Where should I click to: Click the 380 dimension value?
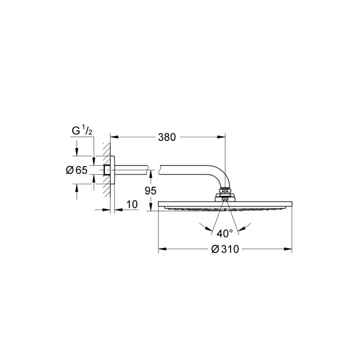pyautogui.click(x=167, y=137)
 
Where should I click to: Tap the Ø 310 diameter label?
pyautogui.click(x=225, y=249)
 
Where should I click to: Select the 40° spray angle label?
pyautogui.click(x=225, y=233)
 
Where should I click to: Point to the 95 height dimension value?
pyautogui.click(x=150, y=191)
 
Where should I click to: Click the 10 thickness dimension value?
pyautogui.click(x=132, y=204)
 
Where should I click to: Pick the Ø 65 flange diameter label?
pyautogui.click(x=77, y=170)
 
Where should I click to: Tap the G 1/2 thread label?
pyautogui.click(x=82, y=131)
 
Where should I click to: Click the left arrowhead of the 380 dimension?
pyautogui.click(x=114, y=137)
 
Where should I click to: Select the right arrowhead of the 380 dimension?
pyautogui.click(x=222, y=137)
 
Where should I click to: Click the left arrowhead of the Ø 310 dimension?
pyautogui.click(x=162, y=249)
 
